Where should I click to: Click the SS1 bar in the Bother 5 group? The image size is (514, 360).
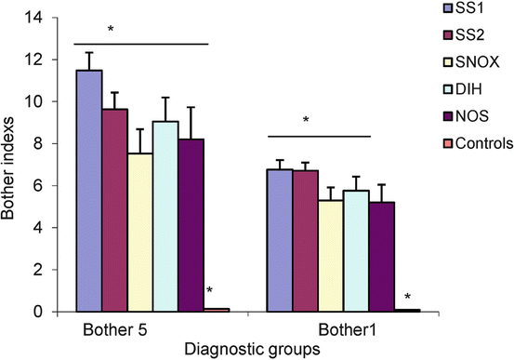[88, 191]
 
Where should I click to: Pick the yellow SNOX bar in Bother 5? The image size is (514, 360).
[140, 233]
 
